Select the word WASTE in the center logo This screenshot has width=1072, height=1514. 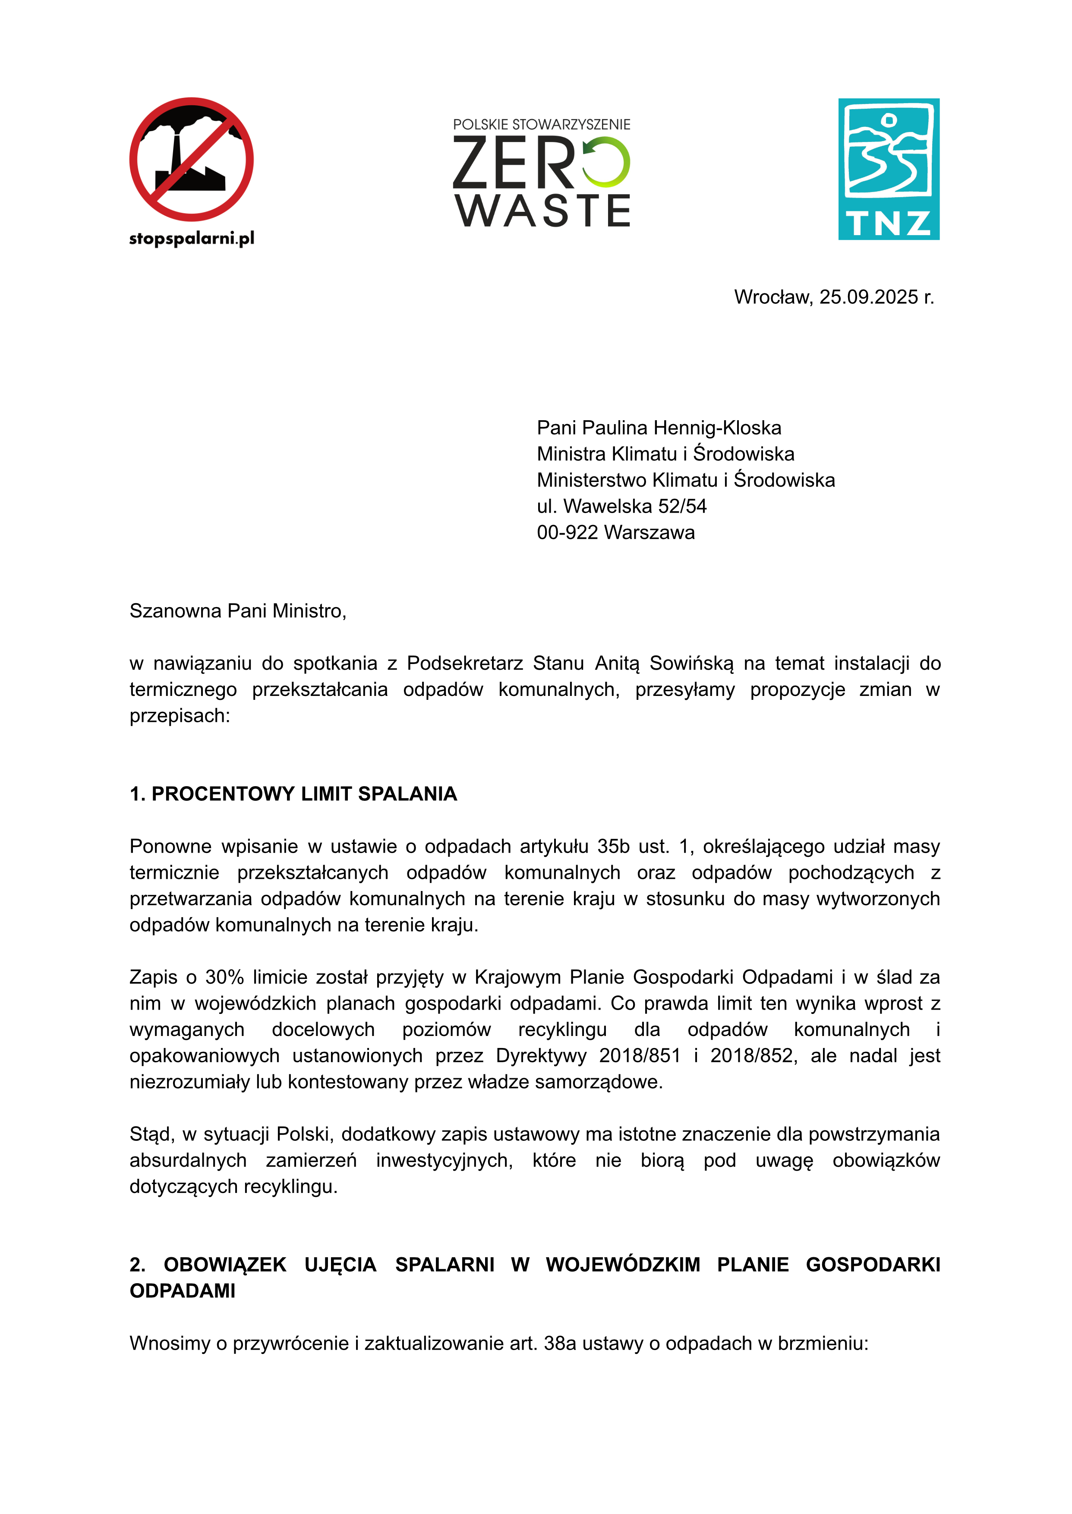click(x=542, y=211)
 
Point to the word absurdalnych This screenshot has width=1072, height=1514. click(x=188, y=1161)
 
